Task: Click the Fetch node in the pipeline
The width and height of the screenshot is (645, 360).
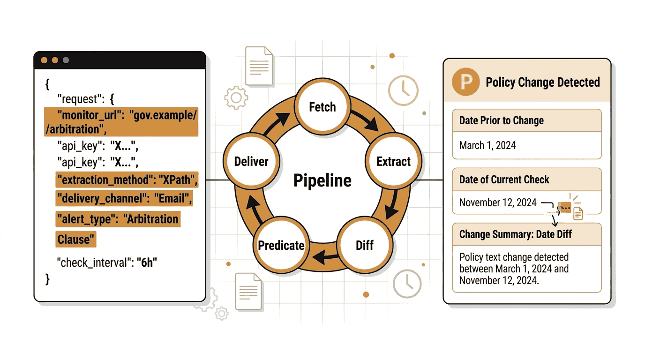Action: coord(322,106)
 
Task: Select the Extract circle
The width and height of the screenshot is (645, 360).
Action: coord(393,161)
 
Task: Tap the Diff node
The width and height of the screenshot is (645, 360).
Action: coord(365,245)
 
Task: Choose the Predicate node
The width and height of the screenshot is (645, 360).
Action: coord(281,245)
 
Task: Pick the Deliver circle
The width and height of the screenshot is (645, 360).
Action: coord(251,161)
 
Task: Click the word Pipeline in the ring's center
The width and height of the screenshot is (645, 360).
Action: coord(322,180)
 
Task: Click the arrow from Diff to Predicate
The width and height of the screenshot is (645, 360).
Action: coord(325,256)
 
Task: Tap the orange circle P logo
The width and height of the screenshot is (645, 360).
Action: coord(465,82)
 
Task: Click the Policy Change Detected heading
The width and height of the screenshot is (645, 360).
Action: coord(543,82)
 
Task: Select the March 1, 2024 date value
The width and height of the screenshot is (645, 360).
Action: coord(487,145)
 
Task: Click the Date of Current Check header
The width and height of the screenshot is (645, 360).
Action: coord(504,180)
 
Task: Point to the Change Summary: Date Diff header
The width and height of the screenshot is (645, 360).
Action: coord(516,234)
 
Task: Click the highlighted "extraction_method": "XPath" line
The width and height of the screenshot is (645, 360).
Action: coord(127,180)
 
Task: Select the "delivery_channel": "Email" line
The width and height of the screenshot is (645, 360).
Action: coord(124,198)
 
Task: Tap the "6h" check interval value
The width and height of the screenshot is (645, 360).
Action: coord(147,262)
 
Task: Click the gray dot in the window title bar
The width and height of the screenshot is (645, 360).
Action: coord(66,60)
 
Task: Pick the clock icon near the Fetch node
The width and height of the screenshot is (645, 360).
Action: coord(403,90)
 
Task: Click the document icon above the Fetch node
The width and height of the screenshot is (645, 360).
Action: coord(259,66)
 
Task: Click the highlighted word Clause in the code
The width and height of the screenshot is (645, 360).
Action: coord(76,240)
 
